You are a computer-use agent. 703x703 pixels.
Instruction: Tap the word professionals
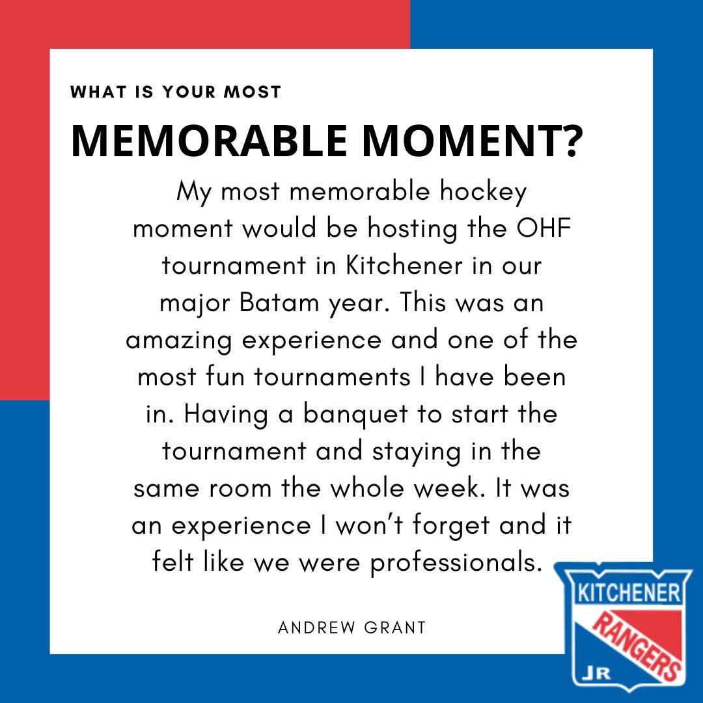click(456, 562)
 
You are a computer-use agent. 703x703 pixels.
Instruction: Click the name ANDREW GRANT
click(351, 627)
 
